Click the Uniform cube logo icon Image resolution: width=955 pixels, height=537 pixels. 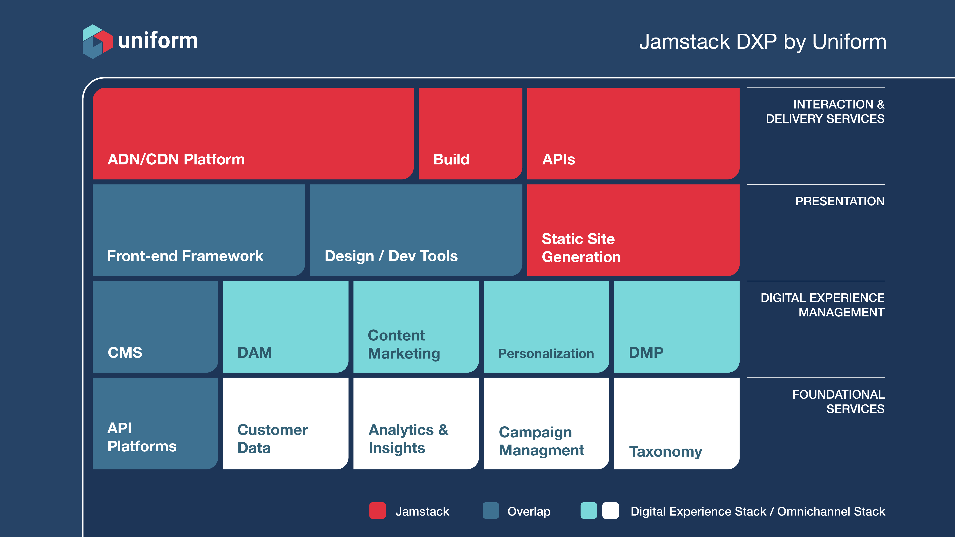click(97, 42)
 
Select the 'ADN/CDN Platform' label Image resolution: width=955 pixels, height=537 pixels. click(176, 159)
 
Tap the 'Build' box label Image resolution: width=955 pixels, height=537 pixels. click(451, 159)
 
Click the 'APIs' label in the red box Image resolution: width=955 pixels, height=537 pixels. click(558, 159)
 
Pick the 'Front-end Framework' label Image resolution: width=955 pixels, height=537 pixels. click(185, 256)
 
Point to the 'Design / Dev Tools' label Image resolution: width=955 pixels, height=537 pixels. click(391, 256)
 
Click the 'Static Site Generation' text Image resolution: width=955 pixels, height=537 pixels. click(581, 248)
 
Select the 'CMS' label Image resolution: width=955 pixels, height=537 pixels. click(125, 353)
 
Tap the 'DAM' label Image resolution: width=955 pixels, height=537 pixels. click(255, 353)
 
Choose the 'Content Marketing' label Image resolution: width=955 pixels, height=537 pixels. click(404, 344)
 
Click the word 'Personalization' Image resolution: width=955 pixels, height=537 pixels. click(546, 354)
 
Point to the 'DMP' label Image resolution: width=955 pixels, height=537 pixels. click(646, 353)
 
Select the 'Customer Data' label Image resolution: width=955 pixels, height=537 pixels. click(272, 439)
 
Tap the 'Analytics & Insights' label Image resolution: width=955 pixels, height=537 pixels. click(408, 439)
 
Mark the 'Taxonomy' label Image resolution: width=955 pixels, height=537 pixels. click(666, 451)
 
